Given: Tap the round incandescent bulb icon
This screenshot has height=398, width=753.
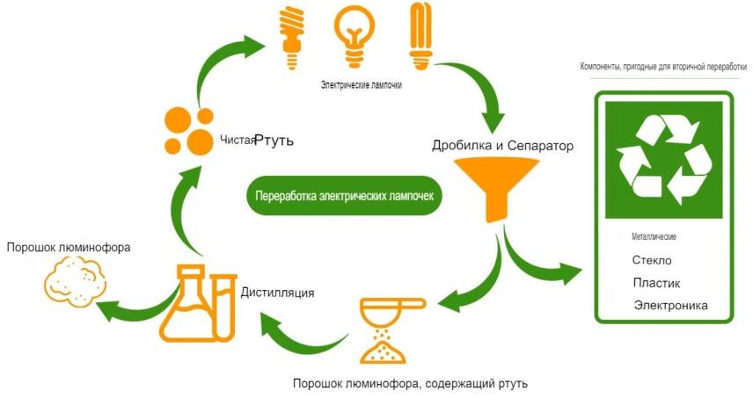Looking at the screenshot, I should coord(357,34).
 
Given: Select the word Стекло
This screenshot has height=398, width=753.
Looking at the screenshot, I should coord(652,261).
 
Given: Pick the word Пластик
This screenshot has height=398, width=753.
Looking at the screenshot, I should coord(656,283).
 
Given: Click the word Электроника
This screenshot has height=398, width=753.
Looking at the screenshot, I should coord(670,306).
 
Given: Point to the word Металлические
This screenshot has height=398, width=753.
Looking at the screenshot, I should coord(654,237).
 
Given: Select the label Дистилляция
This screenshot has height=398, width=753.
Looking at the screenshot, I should coord(277,292).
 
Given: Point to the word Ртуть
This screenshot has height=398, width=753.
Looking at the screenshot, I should coord(274,140).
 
